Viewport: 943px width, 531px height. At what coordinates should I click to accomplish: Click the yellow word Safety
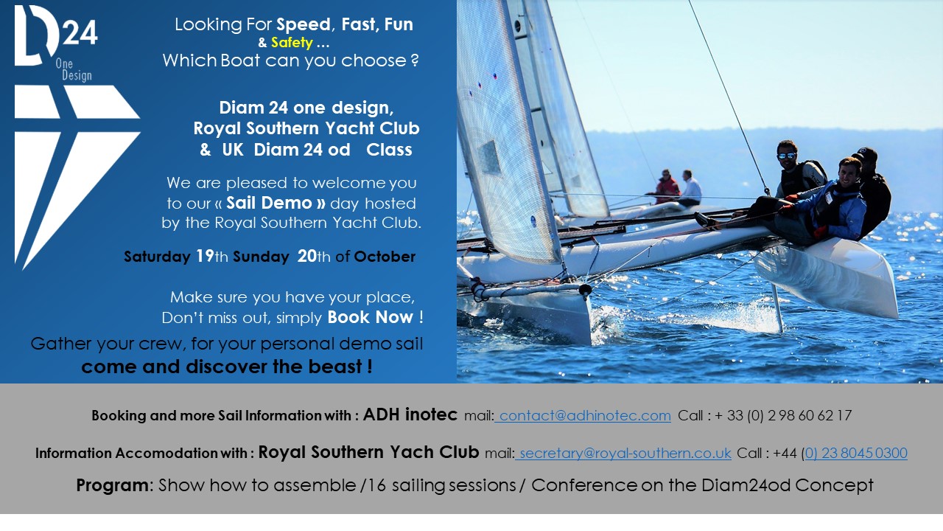[292, 43]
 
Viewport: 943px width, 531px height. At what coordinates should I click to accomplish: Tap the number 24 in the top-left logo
[80, 33]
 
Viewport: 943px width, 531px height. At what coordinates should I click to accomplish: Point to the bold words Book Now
[371, 317]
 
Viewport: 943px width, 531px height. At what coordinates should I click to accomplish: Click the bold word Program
[112, 485]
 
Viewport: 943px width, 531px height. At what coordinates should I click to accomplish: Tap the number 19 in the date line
[205, 256]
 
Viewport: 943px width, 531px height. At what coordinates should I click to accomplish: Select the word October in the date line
[385, 257]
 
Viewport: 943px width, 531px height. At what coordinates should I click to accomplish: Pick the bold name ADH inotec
[410, 414]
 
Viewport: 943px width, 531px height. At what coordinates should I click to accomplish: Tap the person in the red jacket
[667, 187]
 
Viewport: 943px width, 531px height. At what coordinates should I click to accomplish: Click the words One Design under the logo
[73, 69]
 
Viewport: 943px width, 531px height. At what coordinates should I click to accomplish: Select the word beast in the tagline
[335, 367]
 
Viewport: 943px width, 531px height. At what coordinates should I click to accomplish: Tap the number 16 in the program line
[376, 485]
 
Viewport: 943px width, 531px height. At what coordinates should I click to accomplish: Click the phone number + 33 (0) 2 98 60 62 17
[783, 415]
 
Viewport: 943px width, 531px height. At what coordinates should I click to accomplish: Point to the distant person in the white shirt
[690, 188]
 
